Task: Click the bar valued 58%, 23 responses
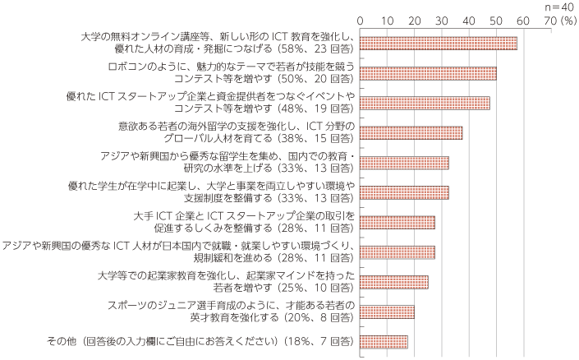[439, 44]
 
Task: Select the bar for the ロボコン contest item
[428, 73]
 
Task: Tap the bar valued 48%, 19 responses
[425, 104]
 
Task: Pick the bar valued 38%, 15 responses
[411, 133]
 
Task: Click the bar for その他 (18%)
[384, 342]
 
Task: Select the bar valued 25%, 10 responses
[394, 283]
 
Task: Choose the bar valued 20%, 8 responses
[387, 312]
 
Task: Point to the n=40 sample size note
[560, 6]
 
